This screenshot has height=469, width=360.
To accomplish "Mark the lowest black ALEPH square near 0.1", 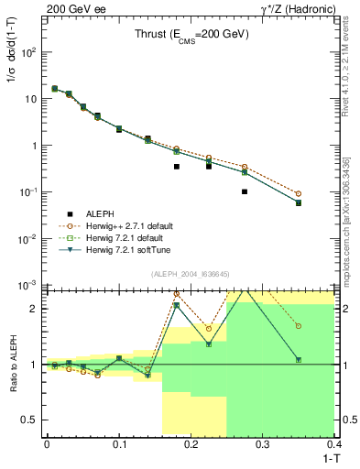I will [x=245, y=191].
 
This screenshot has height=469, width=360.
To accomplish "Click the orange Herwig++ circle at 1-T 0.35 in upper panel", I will [x=299, y=193].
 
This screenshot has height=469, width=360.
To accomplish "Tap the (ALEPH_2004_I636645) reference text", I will [x=191, y=274].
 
